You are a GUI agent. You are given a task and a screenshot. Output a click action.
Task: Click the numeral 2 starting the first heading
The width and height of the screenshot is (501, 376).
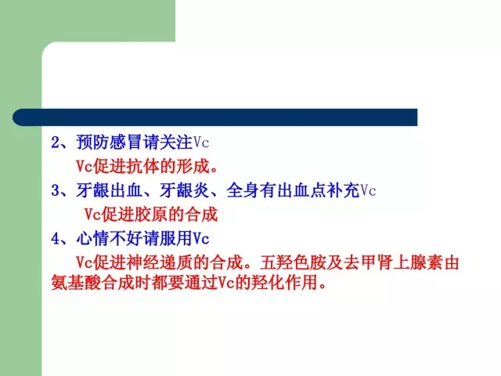tap(56, 143)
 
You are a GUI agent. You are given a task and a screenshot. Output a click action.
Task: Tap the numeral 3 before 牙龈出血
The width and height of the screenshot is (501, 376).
tap(56, 191)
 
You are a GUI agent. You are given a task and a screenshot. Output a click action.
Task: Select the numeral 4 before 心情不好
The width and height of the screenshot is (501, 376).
tap(56, 239)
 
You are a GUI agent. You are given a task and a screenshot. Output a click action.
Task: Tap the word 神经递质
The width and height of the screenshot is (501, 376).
tap(160, 262)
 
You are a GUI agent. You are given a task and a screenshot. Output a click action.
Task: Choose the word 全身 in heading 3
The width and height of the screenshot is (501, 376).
tap(243, 190)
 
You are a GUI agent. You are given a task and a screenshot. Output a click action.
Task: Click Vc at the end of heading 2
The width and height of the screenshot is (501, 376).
tap(201, 143)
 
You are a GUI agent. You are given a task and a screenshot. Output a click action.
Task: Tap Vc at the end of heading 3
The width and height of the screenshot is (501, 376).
tap(368, 191)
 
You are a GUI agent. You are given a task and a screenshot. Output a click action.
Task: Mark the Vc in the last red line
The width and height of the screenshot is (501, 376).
tap(226, 283)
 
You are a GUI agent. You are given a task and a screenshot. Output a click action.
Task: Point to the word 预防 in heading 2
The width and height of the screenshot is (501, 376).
tap(93, 143)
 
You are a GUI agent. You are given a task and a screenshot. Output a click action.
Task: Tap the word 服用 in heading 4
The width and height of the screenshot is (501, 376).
tap(176, 238)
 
